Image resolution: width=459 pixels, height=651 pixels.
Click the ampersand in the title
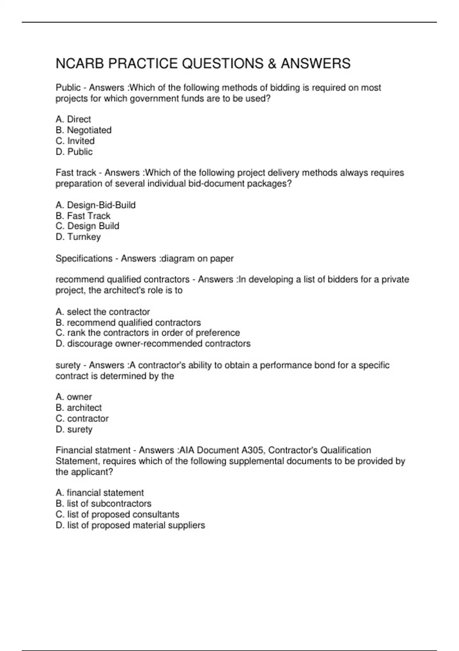(x=272, y=64)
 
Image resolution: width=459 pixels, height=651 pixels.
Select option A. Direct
(x=73, y=119)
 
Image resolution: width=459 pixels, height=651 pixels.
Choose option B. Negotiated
(x=83, y=130)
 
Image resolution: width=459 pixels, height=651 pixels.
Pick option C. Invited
(x=75, y=141)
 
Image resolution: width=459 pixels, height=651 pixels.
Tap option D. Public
(x=74, y=152)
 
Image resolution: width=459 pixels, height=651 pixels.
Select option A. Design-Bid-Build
(x=96, y=205)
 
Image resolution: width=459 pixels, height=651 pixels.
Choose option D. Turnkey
(x=78, y=237)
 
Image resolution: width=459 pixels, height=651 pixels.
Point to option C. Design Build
(x=87, y=226)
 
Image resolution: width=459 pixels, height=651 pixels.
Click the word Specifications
(x=84, y=258)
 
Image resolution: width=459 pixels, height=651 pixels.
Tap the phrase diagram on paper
(x=197, y=258)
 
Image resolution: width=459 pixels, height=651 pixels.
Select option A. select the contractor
(x=103, y=312)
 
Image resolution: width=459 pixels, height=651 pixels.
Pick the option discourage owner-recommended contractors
(x=153, y=343)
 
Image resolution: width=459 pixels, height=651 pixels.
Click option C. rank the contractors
(x=148, y=333)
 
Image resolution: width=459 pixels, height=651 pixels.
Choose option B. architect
(x=78, y=407)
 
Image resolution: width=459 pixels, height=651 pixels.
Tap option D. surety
(x=74, y=429)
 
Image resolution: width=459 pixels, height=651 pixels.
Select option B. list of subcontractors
(x=103, y=504)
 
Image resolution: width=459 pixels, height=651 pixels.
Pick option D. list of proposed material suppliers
(x=130, y=525)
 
